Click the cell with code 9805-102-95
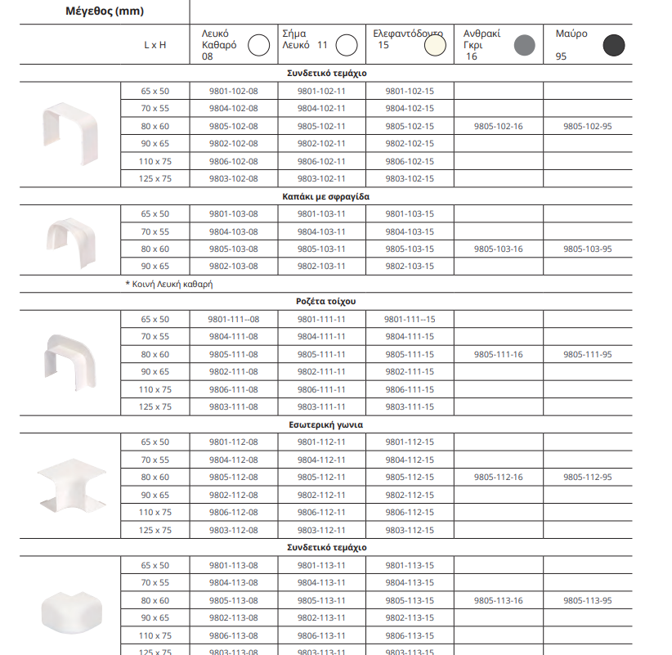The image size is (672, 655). (x=588, y=126)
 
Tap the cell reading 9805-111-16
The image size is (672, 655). (x=498, y=354)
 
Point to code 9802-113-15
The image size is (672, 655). (x=410, y=617)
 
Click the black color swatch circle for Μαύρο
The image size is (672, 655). (x=614, y=46)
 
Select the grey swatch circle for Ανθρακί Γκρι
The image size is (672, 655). (x=523, y=46)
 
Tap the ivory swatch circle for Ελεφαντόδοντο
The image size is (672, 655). (x=435, y=46)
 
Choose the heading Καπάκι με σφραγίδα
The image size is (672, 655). (x=326, y=196)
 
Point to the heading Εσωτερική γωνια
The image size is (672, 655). (x=326, y=424)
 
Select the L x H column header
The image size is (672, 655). (x=155, y=46)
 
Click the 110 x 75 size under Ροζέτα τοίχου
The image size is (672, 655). (x=155, y=389)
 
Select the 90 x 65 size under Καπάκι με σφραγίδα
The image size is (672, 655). (x=155, y=266)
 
